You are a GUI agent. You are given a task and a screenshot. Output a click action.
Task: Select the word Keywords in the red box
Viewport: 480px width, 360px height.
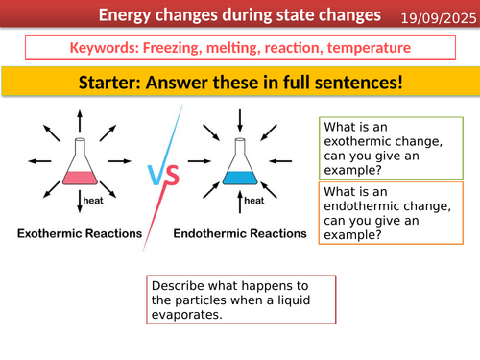click(105, 48)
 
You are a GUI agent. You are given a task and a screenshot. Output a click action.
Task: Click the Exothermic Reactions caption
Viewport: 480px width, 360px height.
click(78, 233)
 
